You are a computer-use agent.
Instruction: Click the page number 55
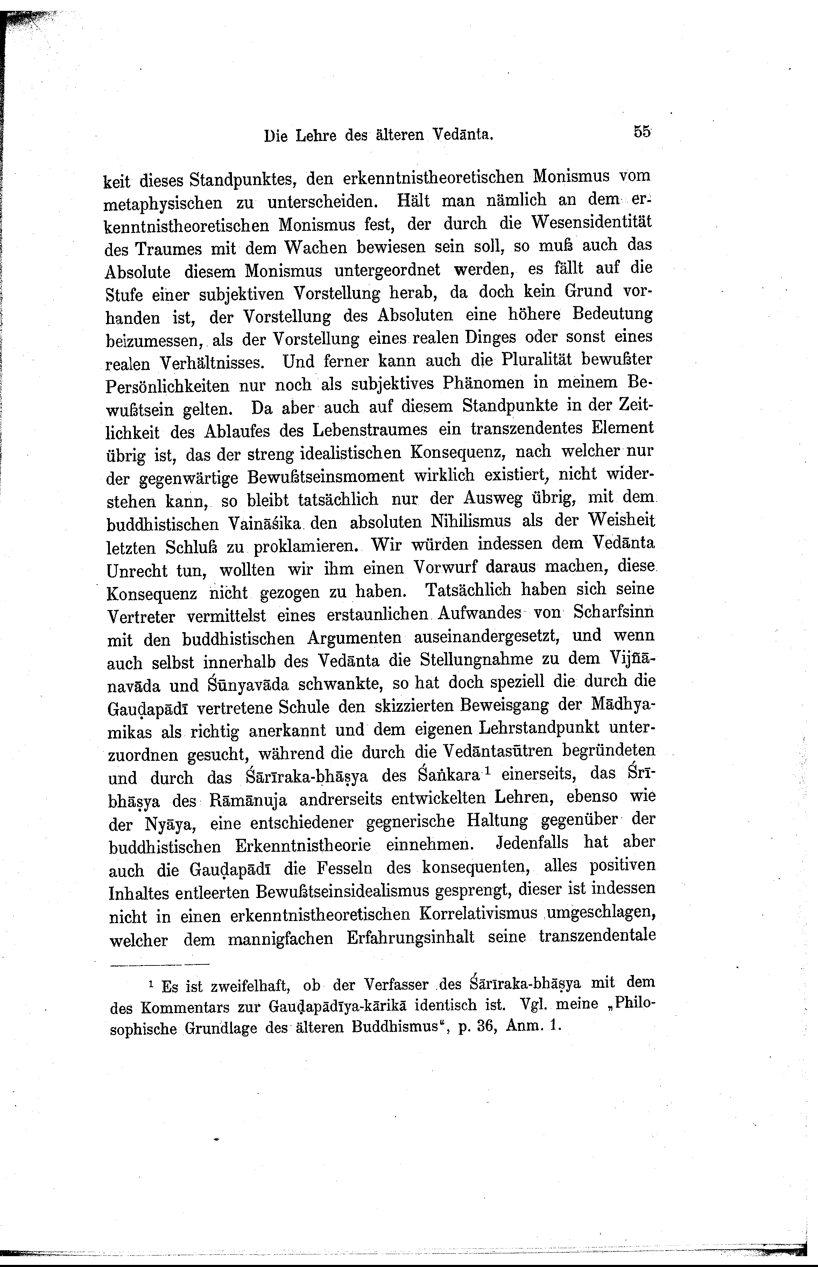[642, 132]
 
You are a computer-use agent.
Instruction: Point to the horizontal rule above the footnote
[160, 964]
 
